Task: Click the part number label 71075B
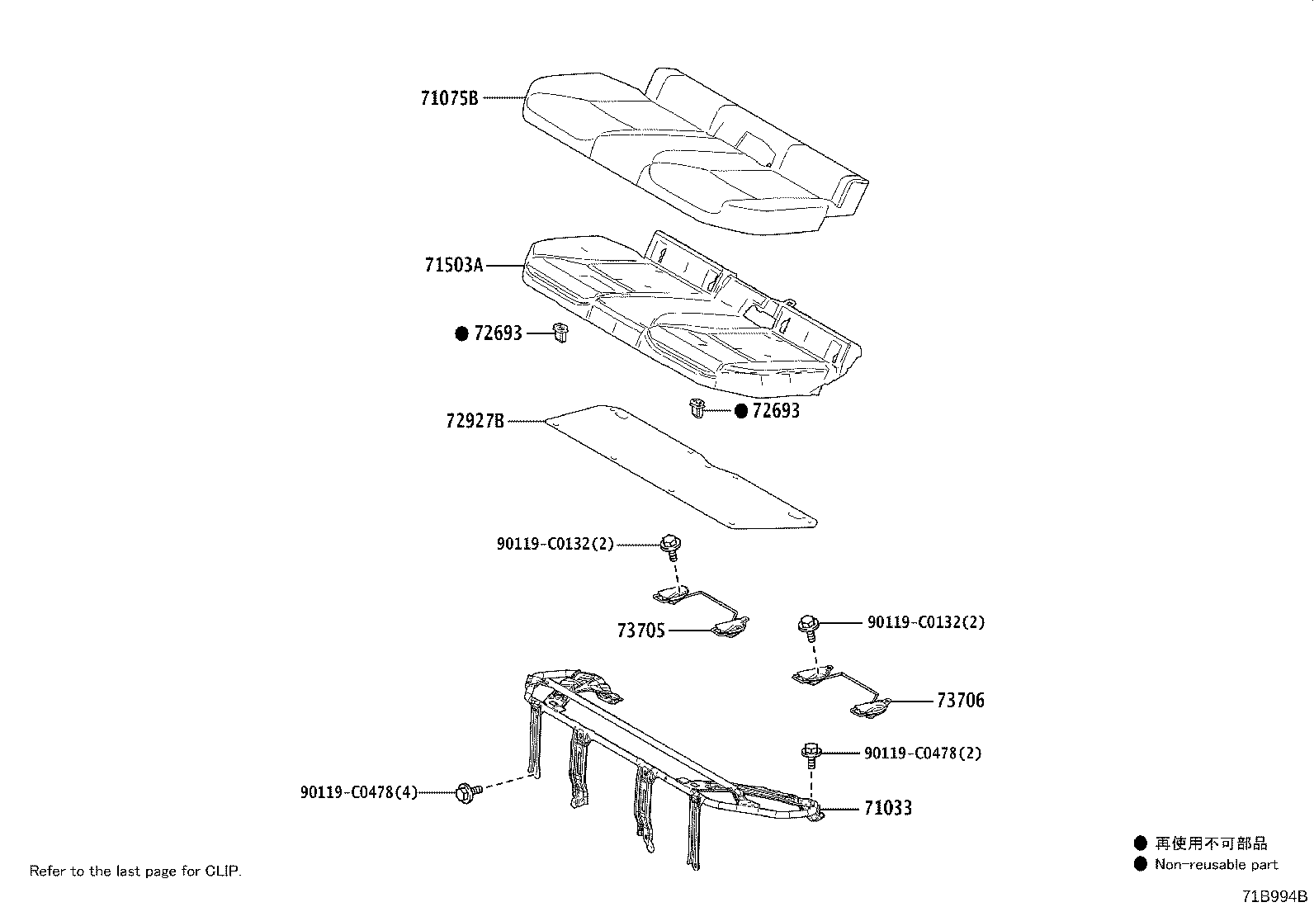point(449,98)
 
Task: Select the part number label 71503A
point(453,266)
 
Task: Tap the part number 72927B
point(475,422)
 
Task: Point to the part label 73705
point(640,631)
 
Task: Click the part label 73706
point(961,701)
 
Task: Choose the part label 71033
point(888,808)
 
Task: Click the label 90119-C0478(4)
point(359,792)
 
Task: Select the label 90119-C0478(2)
point(923,753)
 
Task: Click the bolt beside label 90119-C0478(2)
point(811,753)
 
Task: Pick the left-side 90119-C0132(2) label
point(555,544)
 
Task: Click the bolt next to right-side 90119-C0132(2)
point(809,625)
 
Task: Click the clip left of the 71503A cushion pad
point(561,333)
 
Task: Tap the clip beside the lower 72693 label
point(697,409)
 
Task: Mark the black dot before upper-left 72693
point(462,333)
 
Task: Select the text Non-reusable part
point(1216,865)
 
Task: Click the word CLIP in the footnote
point(222,871)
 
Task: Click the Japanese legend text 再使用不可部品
point(1210,843)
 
